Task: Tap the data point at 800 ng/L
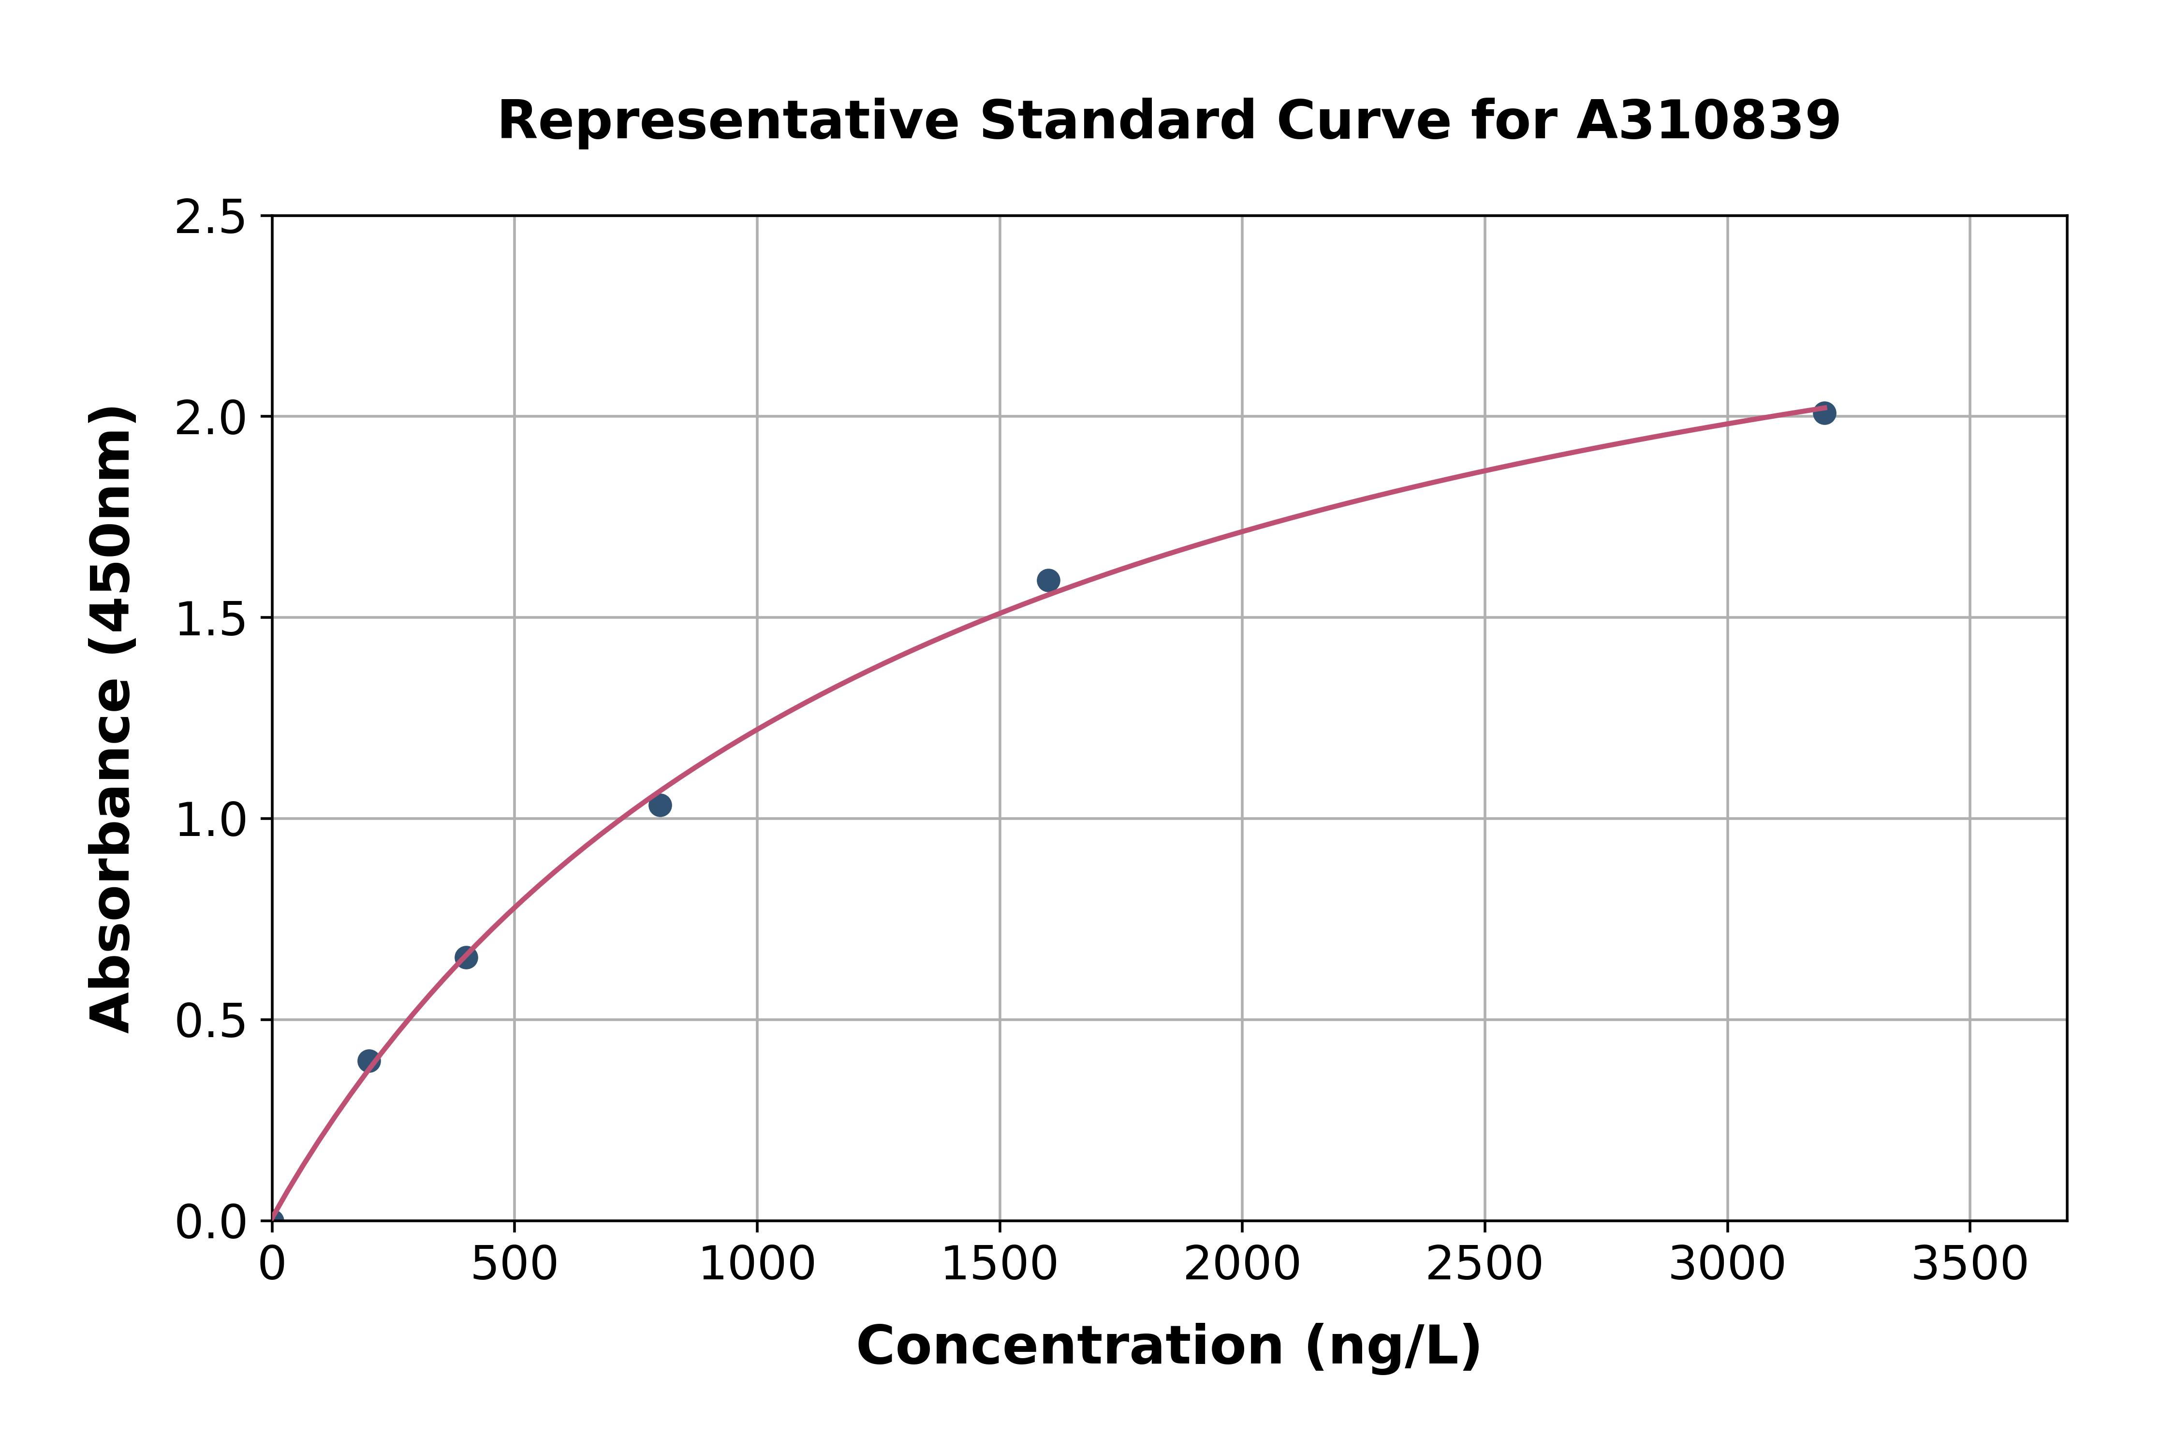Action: [x=660, y=805]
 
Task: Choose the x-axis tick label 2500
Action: [x=1485, y=1265]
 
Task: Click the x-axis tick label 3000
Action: [x=1727, y=1265]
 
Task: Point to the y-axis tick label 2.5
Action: [x=211, y=218]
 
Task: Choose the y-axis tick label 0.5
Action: [x=211, y=1021]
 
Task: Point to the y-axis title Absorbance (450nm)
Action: [x=112, y=719]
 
